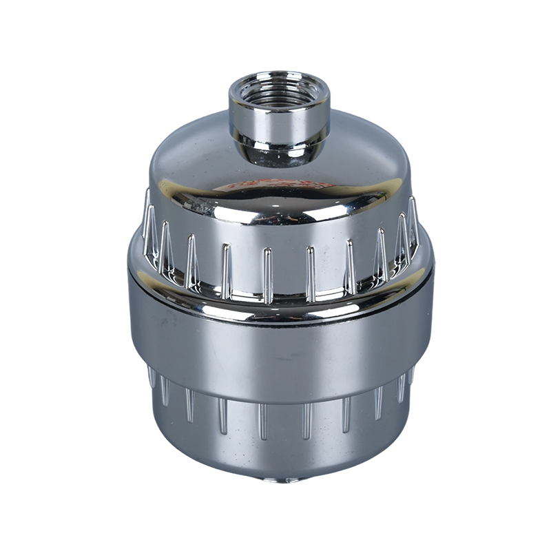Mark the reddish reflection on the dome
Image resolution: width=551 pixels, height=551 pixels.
(275, 185)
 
